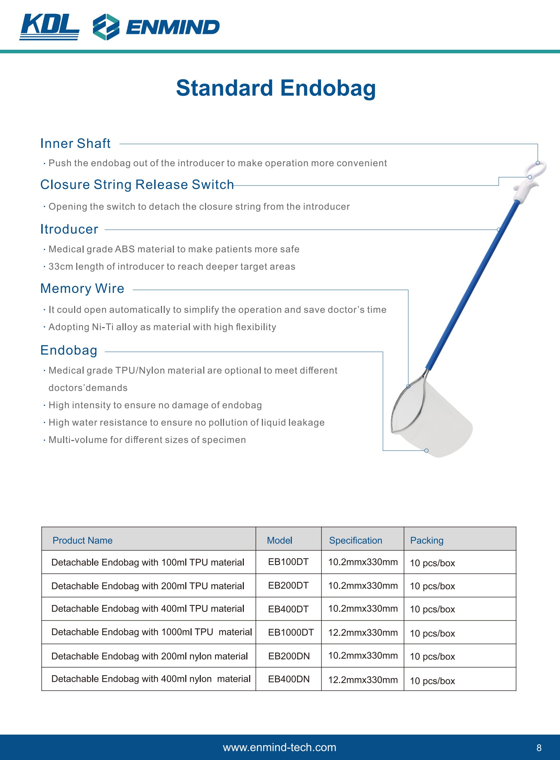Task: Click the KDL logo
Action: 49,27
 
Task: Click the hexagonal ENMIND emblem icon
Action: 106,27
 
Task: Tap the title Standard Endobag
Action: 276,88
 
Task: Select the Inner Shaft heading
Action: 75,144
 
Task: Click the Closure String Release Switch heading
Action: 137,185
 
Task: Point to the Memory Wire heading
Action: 82,289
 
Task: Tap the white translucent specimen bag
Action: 441,423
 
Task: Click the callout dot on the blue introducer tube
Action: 499,230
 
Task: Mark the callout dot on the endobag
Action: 426,451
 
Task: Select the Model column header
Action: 279,540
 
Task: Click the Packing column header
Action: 427,540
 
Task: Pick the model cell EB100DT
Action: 288,562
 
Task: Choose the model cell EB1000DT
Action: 291,632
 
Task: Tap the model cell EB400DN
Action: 289,679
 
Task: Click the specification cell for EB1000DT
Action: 363,632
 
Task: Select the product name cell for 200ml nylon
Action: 150,656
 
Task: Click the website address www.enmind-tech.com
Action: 279,747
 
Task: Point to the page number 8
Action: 539,748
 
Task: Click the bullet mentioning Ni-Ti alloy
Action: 162,327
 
